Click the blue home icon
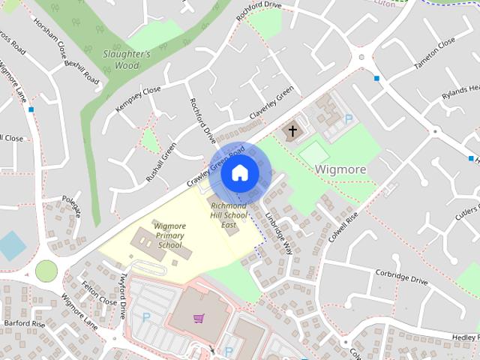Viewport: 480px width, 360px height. (239, 173)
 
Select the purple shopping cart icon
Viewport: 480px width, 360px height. (199, 319)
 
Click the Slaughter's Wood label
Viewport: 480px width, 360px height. (127, 60)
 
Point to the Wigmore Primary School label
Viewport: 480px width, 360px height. (169, 235)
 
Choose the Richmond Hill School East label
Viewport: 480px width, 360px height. (229, 214)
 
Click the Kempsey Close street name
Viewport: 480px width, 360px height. (138, 100)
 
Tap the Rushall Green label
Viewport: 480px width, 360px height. (161, 163)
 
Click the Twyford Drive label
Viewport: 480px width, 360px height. (122, 295)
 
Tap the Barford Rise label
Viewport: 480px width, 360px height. (25, 325)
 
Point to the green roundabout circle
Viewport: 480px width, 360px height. (46, 270)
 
